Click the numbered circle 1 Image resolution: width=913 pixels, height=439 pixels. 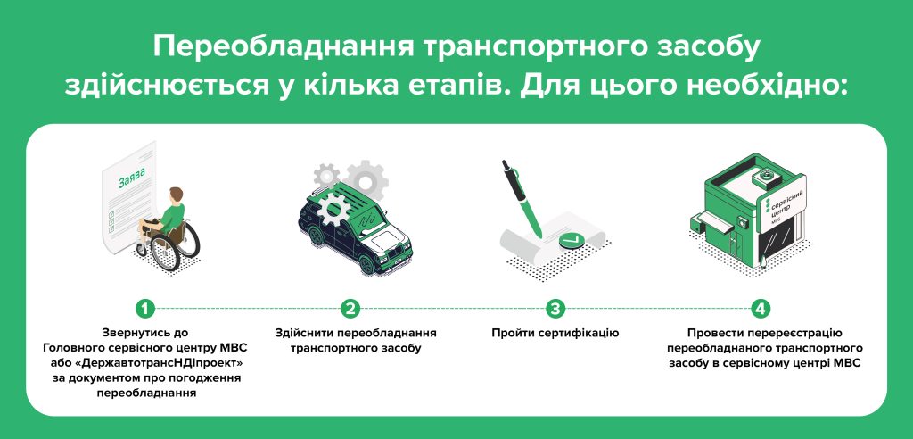coord(145,308)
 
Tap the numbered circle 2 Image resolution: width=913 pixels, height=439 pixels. coord(350,308)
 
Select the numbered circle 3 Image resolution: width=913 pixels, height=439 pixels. coord(555,308)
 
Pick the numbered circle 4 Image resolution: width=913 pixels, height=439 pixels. coord(761,308)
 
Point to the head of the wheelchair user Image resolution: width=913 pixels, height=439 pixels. coord(176,195)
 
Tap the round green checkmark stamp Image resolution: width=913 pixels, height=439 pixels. coord(570,240)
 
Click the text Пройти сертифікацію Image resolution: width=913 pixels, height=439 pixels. coord(555,334)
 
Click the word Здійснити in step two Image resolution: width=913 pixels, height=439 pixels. coord(303,334)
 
